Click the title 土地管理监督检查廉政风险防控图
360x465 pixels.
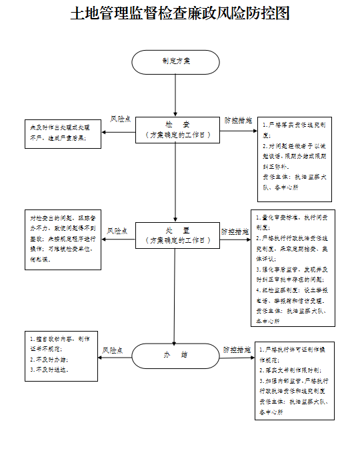[x=180, y=13]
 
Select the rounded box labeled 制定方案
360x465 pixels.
[x=175, y=61]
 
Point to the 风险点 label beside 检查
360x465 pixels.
[x=120, y=120]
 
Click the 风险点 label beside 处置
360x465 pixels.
[x=118, y=231]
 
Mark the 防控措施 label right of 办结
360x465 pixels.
[x=237, y=349]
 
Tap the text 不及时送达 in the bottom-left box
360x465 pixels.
[x=49, y=368]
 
